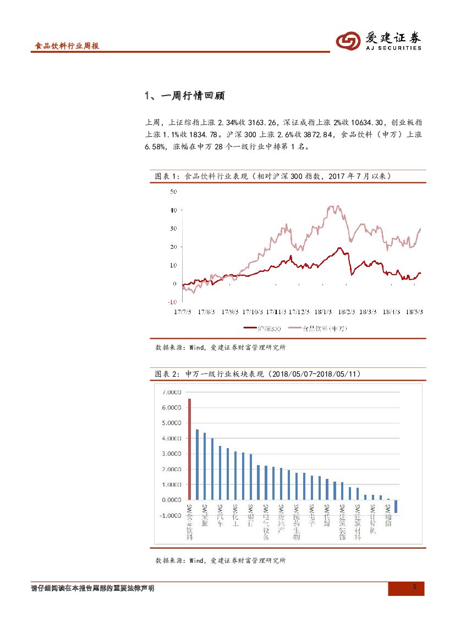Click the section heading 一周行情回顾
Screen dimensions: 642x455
pos(184,96)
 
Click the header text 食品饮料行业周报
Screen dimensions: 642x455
pos(67,46)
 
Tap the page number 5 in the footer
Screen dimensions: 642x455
pos(415,587)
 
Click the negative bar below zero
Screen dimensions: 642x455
pos(396,506)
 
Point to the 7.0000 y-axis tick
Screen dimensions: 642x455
pos(171,392)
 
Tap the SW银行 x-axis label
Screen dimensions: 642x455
pos(251,516)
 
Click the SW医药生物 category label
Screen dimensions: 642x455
pos(297,522)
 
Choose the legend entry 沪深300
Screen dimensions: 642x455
pos(263,328)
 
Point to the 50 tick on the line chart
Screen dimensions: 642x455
pos(173,192)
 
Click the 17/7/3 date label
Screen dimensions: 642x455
pos(182,311)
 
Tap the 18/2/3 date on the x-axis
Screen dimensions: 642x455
pos(344,311)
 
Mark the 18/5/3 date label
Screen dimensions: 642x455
pos(414,311)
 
